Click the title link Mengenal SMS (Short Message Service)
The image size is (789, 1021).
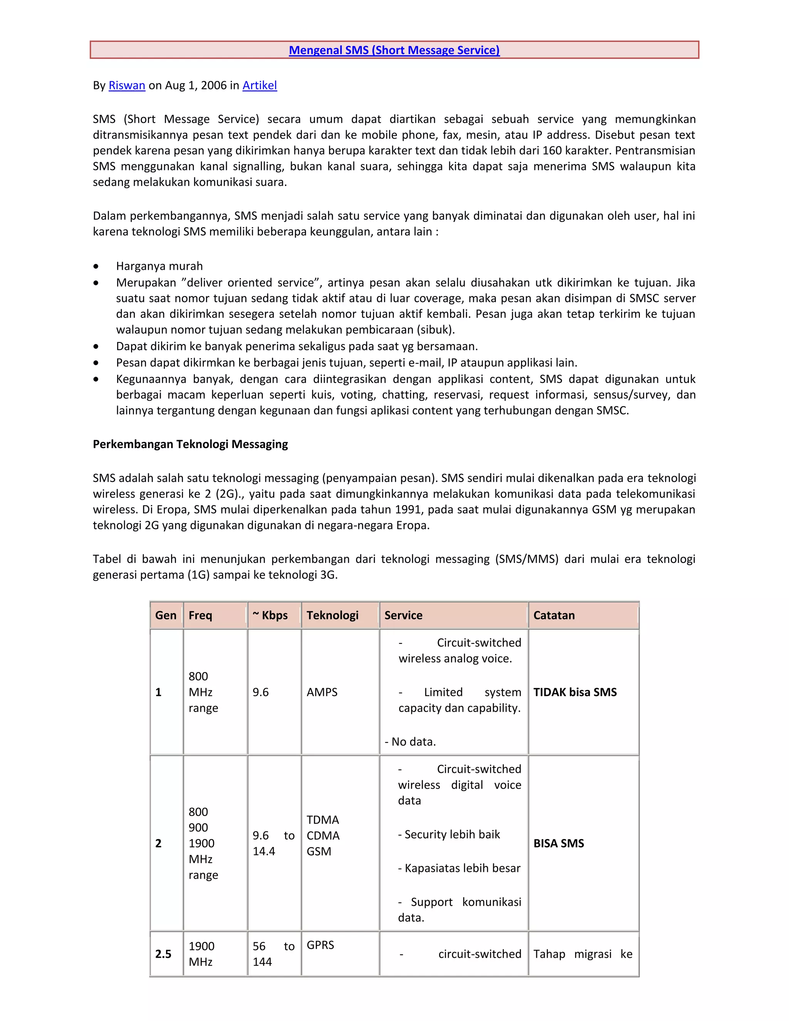[x=394, y=50]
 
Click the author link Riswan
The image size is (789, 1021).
[x=127, y=86]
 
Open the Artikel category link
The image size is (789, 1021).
[x=259, y=86]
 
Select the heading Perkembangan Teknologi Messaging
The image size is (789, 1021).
[x=190, y=444]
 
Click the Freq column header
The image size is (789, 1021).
[x=200, y=615]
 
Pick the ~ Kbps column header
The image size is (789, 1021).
[x=270, y=615]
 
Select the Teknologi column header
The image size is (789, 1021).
[x=332, y=615]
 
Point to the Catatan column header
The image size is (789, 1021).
[x=554, y=615]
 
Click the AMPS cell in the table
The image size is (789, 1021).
[x=322, y=692]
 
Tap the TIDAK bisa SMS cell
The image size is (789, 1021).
[x=575, y=692]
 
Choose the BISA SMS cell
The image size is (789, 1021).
[x=559, y=843]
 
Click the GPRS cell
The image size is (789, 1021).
[x=320, y=945]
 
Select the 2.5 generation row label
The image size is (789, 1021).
[x=163, y=954]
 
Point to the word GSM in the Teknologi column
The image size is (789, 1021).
[x=319, y=851]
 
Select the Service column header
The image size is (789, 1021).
[x=403, y=615]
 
